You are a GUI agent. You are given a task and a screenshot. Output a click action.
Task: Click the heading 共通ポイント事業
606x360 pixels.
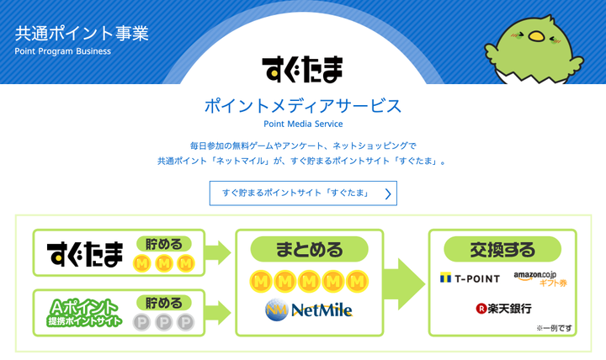point(81,34)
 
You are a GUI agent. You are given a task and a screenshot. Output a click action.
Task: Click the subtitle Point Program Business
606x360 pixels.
point(62,51)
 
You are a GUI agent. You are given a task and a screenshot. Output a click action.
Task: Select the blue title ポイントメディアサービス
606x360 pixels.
point(302,106)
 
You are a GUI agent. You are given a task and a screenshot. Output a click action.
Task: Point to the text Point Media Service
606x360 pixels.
point(302,124)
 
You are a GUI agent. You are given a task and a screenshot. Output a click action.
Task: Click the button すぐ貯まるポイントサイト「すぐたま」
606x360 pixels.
point(302,193)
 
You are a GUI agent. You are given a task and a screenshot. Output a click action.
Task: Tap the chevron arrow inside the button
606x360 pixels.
point(387,193)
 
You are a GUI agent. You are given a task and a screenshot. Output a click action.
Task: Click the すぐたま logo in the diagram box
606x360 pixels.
point(84,252)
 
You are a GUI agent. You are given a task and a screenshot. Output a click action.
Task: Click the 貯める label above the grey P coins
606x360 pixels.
point(163,301)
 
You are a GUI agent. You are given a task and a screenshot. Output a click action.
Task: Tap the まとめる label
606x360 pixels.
point(310,250)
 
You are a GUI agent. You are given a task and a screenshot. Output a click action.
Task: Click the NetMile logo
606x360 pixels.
point(309,310)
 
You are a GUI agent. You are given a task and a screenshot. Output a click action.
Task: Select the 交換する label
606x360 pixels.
point(502,249)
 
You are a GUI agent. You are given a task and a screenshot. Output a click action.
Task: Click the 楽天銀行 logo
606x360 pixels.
point(502,309)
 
